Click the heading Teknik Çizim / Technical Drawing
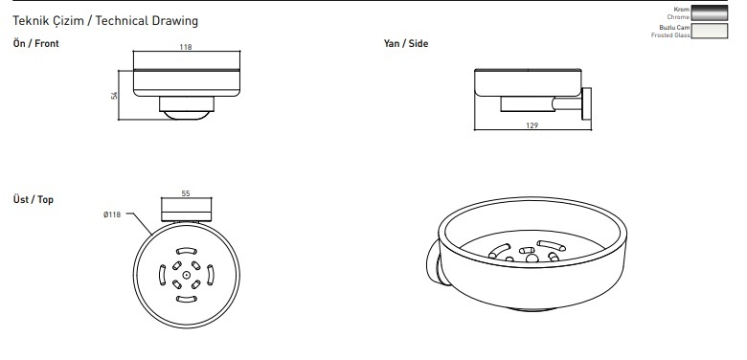[105, 21]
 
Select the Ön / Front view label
[36, 43]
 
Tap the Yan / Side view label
[406, 43]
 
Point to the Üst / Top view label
[34, 199]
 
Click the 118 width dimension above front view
[186, 47]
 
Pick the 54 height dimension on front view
[114, 95]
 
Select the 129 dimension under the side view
[532, 125]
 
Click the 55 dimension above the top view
[186, 193]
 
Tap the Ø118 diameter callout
[112, 214]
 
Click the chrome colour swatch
[710, 12]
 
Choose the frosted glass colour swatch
[710, 31]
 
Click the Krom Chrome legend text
[678, 12]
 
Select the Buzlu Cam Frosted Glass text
[670, 32]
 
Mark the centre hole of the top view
[187, 275]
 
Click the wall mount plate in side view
[586, 103]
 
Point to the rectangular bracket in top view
[187, 210]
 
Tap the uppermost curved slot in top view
[187, 251]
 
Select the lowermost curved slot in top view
[187, 299]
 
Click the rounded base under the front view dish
[187, 115]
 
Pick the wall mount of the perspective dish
[436, 264]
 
